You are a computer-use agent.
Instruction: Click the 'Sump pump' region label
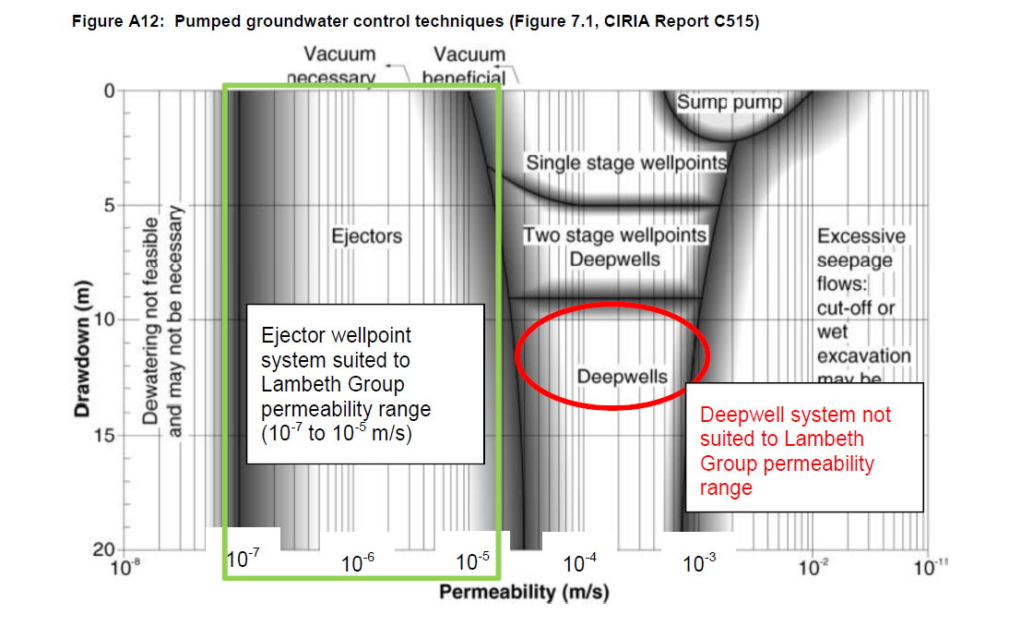coord(729,102)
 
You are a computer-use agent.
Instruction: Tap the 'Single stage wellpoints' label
coord(626,163)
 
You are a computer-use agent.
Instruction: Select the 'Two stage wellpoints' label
coord(615,235)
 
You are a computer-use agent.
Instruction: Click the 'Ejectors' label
coord(367,236)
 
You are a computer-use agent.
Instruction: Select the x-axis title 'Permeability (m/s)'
coord(524,591)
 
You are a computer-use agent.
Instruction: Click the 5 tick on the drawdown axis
coord(106,205)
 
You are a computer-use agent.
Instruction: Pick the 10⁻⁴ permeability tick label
coord(580,562)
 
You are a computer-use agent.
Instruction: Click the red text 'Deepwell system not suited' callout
coord(795,451)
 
